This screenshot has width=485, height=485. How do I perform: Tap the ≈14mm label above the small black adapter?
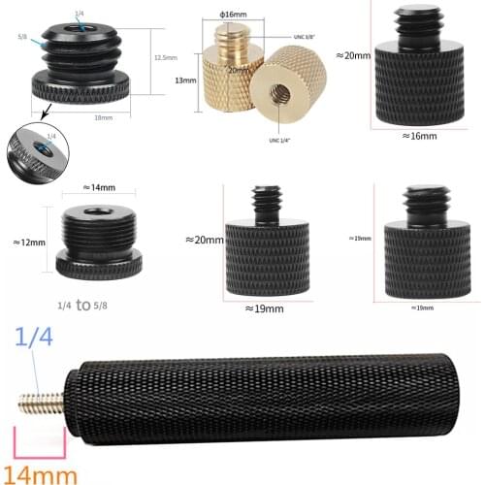pos(101,186)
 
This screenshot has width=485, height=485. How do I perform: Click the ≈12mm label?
pos(29,242)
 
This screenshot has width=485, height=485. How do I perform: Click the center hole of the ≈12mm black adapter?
pos(101,210)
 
